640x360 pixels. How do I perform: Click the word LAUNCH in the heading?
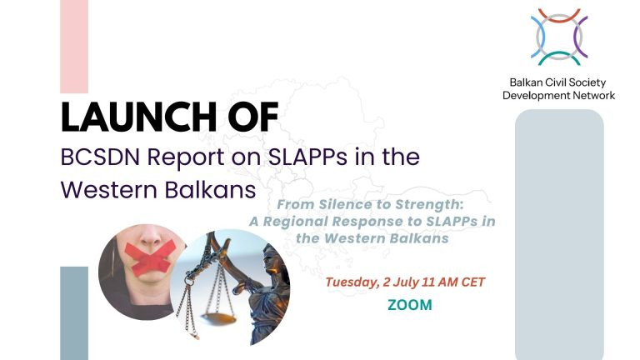coord(139,117)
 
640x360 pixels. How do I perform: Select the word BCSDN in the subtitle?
coord(100,157)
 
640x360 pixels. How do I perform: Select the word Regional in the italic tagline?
coord(296,222)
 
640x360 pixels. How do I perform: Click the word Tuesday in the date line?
coord(352,282)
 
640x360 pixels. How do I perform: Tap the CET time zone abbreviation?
coord(473,282)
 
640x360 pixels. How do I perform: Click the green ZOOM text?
coord(410,305)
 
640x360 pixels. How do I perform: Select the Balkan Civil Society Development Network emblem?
coord(559,37)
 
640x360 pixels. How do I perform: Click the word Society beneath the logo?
coord(587,83)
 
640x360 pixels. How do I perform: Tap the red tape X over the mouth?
coord(150,256)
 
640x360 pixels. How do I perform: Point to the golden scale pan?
coord(220,318)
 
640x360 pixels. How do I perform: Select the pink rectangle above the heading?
coord(74,47)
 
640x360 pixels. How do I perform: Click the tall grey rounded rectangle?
coord(559,234)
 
